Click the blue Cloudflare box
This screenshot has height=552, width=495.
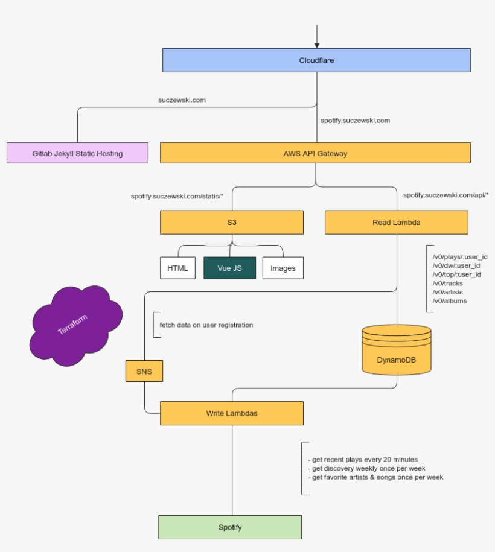(316, 60)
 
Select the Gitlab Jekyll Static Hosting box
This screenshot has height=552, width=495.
(77, 153)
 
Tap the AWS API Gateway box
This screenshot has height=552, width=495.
(315, 153)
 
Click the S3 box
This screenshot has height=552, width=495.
(232, 222)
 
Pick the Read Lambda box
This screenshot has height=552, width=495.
(397, 222)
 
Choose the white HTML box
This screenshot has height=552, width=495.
(177, 268)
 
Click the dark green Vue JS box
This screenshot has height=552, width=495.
(229, 268)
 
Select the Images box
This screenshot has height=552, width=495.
(283, 268)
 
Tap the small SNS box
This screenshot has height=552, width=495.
(144, 371)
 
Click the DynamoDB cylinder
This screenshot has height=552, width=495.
(397, 356)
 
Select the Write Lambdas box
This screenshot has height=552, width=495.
(232, 413)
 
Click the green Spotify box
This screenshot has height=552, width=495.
(230, 527)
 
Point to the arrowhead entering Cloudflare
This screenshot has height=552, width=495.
(316, 45)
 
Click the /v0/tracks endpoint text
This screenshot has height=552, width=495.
(447, 283)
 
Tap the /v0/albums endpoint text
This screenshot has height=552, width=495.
(449, 300)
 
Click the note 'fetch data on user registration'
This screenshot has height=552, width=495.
(206, 325)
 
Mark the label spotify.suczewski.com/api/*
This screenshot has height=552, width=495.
(445, 195)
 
